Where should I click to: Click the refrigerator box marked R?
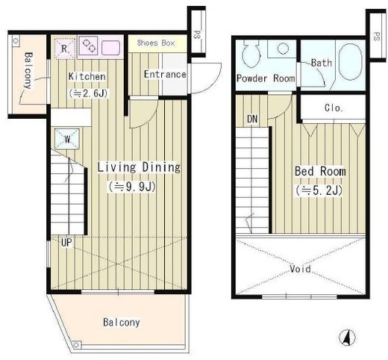[x=65, y=49]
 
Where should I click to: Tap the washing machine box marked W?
[x=67, y=139]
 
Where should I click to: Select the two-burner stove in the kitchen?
[x=90, y=46]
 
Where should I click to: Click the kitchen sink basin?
[x=110, y=48]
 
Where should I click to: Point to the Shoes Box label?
[x=156, y=43]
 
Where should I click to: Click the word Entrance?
[x=165, y=74]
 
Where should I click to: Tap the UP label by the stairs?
[x=66, y=242]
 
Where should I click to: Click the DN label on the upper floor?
[x=252, y=119]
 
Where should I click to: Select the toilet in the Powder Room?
[x=252, y=53]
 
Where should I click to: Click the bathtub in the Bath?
[x=350, y=62]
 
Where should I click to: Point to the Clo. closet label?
[x=334, y=108]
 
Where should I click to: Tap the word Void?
[x=300, y=269]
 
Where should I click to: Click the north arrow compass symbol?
[x=347, y=338]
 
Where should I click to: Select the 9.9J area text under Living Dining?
[x=132, y=187]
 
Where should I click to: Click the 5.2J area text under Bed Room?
[x=319, y=190]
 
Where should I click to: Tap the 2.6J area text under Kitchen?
[x=88, y=93]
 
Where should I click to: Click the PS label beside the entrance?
[x=197, y=35]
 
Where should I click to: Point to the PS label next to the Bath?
[x=376, y=37]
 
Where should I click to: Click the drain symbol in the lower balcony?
[x=76, y=345]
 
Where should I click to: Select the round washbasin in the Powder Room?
[x=283, y=49]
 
